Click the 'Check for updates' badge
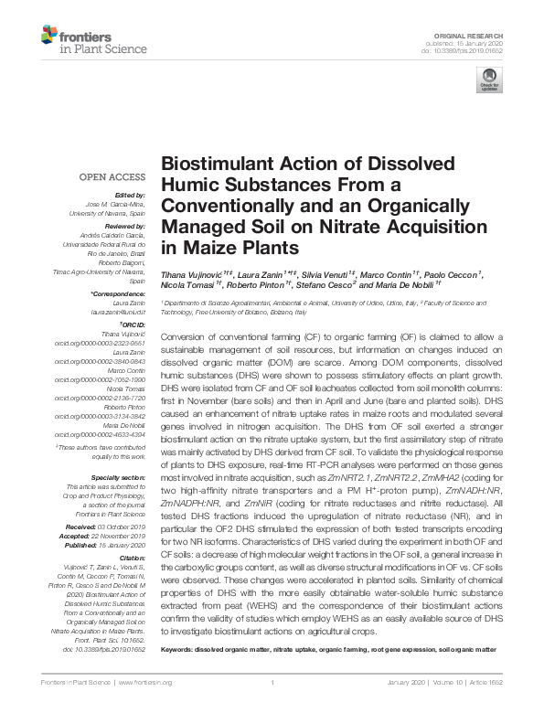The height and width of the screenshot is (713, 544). (486, 83)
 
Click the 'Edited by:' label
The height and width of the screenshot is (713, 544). (131, 195)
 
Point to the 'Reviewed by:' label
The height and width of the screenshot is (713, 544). (126, 225)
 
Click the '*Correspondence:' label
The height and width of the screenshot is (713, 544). (123, 293)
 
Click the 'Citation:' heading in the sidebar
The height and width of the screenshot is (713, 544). (132, 556)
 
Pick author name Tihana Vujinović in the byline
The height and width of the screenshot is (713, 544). (188, 275)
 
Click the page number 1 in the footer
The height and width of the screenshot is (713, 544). (272, 683)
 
